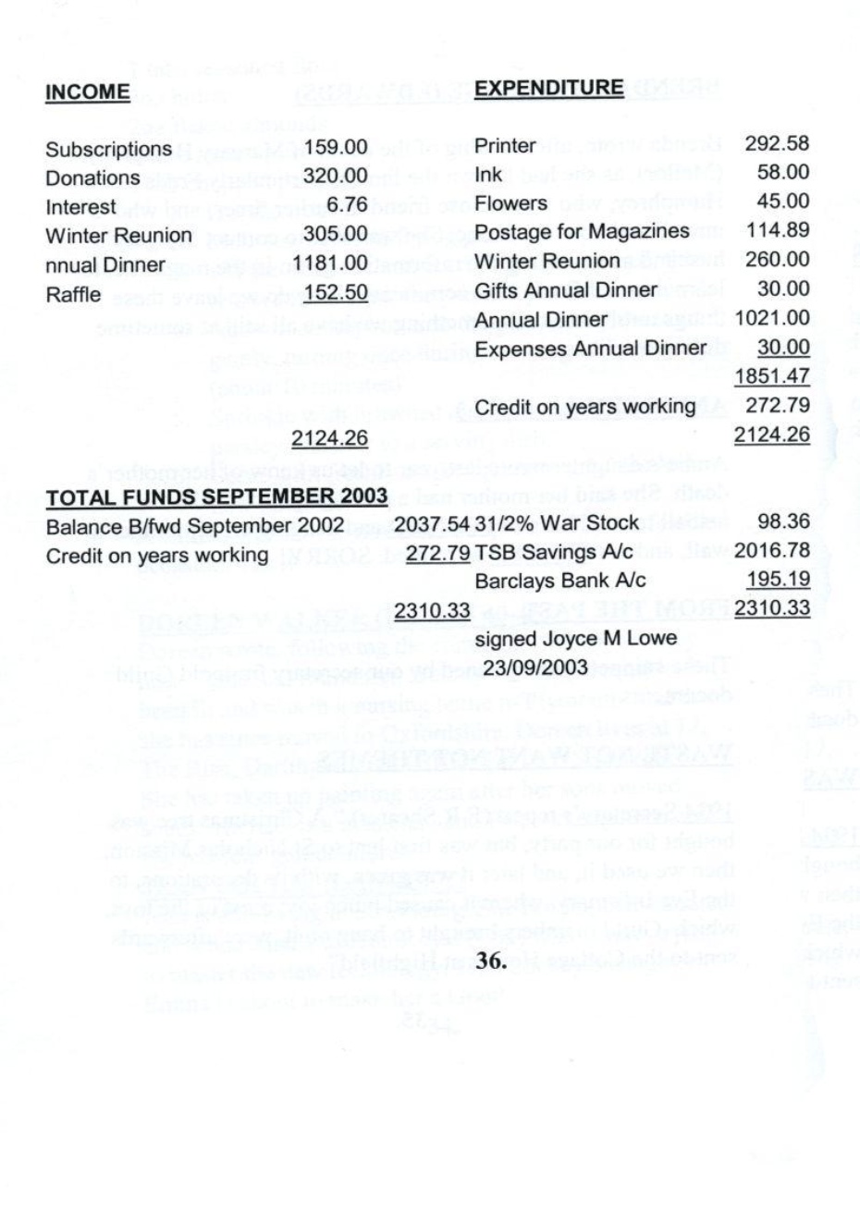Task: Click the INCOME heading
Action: [88, 92]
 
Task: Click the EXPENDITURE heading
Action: [548, 88]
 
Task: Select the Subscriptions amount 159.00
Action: [337, 149]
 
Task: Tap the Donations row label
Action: [93, 178]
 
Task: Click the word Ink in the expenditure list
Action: [487, 173]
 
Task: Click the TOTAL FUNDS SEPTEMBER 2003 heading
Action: [216, 497]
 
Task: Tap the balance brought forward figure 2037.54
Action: [433, 523]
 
